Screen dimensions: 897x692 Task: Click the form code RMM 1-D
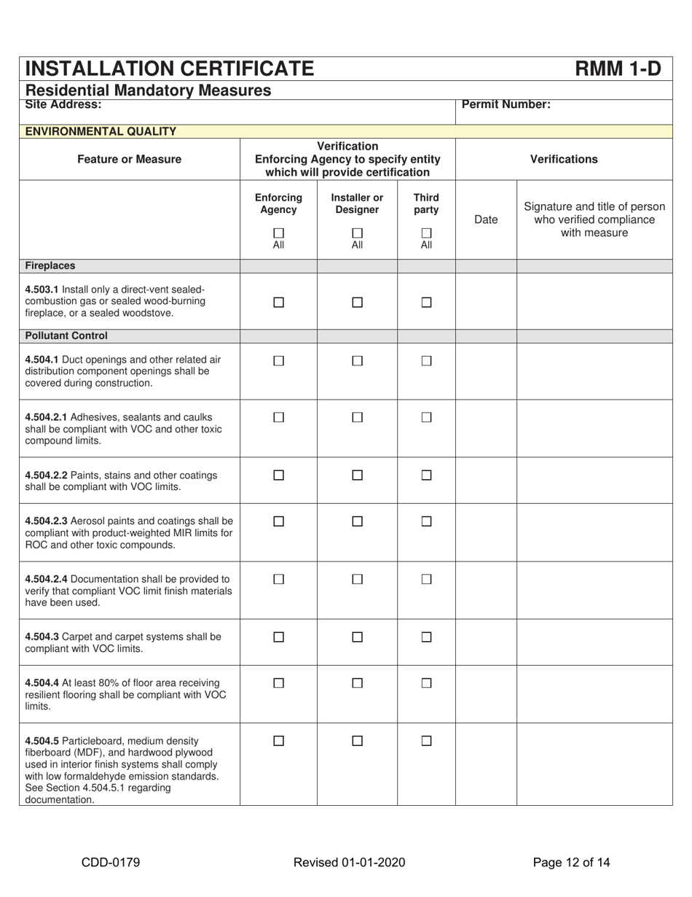pos(618,69)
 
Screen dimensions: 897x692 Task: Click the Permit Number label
pos(506,104)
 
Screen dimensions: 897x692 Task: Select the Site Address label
pos(63,104)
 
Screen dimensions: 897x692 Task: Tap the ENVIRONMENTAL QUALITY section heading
pos(101,131)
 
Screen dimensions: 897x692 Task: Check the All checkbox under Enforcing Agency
pos(278,233)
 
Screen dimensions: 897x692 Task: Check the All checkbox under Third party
pos(426,233)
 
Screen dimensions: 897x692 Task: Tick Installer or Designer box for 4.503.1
pos(357,302)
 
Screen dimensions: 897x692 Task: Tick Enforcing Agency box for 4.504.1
pos(278,360)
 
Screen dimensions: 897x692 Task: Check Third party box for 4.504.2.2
pos(427,475)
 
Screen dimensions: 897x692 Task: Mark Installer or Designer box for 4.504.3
pos(357,637)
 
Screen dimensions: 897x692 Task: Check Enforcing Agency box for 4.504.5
pos(278,740)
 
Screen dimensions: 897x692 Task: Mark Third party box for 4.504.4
pos(427,683)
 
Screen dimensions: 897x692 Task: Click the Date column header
pos(486,220)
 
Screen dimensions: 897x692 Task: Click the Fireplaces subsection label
pos(50,266)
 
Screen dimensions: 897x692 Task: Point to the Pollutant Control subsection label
pos(66,335)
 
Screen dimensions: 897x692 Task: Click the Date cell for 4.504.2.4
pos(486,590)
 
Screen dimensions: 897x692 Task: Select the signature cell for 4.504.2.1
pos(594,428)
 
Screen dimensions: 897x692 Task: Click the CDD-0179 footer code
pos(111,863)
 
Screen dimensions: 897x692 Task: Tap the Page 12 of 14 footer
pos(571,863)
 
